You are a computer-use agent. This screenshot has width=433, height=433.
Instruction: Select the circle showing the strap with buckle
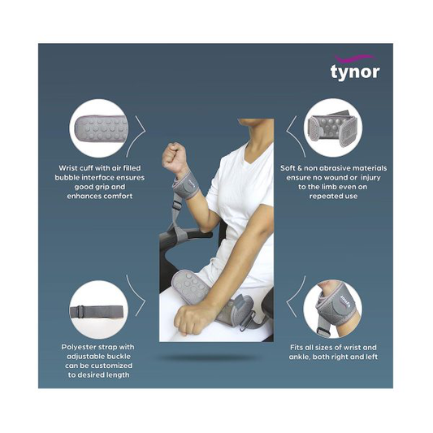tap(97, 310)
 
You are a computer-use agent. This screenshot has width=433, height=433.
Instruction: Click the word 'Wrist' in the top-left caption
tap(67, 168)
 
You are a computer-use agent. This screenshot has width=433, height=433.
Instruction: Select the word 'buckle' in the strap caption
tap(117, 357)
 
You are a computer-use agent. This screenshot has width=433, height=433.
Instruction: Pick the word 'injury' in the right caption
tap(366, 178)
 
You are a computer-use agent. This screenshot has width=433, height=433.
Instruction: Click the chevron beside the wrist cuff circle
tap(139, 128)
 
